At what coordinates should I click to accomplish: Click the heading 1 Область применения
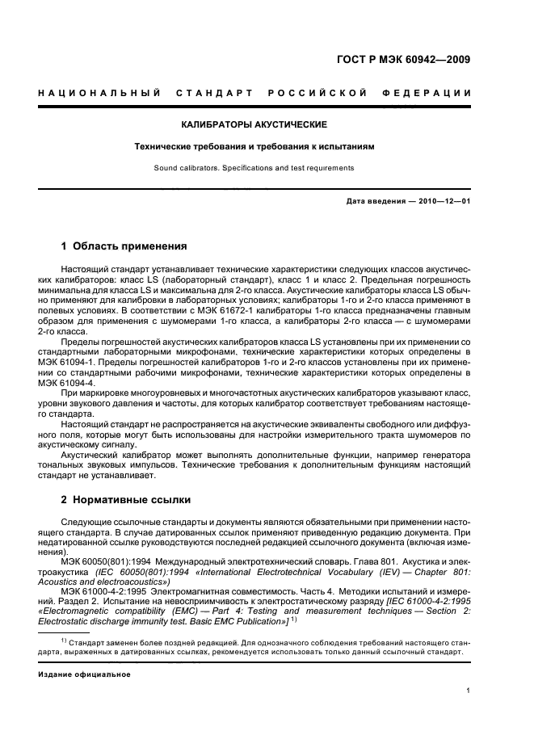pos(124,246)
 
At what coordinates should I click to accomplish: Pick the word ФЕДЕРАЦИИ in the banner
pos(433,94)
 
